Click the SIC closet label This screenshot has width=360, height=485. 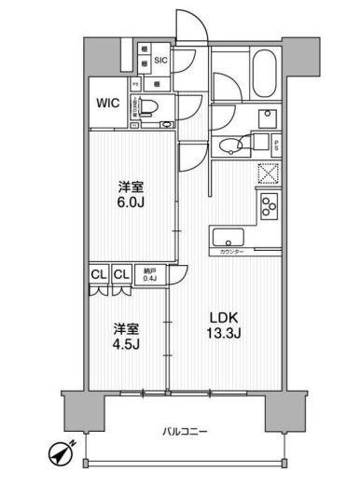click(160, 60)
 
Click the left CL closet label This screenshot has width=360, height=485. click(99, 274)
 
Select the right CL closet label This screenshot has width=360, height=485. click(121, 274)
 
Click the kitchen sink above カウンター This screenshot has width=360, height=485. click(227, 237)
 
